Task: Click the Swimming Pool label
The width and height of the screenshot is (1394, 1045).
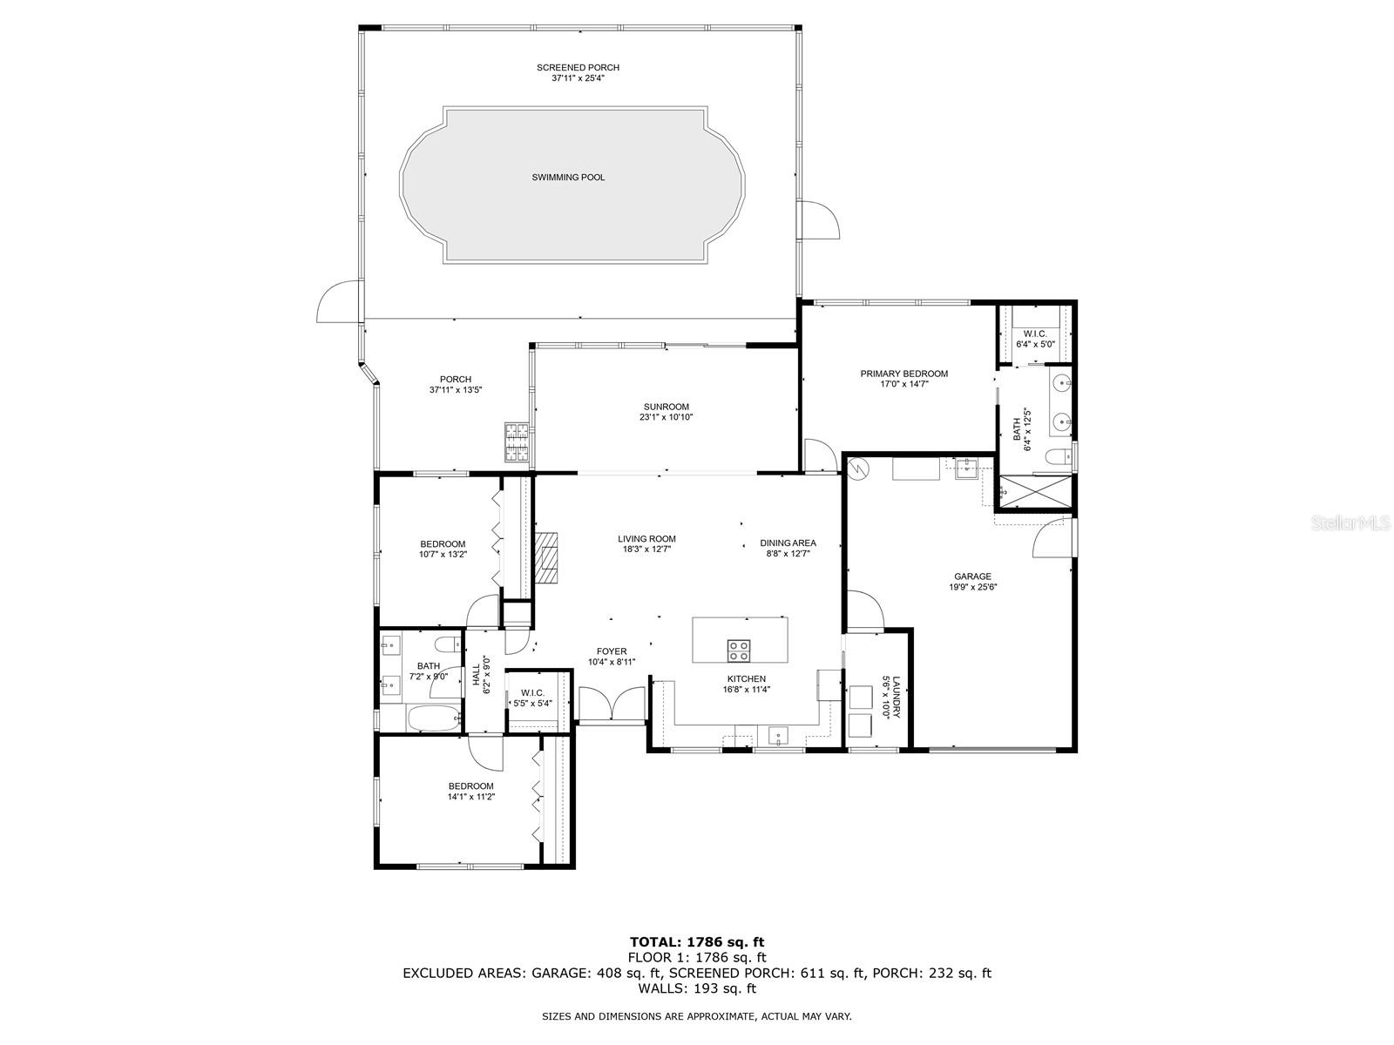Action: point(568,178)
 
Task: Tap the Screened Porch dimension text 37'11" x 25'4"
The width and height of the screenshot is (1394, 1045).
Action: point(578,78)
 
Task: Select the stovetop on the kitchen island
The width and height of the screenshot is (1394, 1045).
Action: point(739,650)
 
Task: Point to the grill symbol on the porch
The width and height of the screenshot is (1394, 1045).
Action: point(517,442)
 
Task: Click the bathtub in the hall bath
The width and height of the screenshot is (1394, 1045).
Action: point(433,718)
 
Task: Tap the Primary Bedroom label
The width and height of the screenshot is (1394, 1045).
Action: point(903,374)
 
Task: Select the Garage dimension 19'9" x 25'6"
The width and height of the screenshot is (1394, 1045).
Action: point(972,587)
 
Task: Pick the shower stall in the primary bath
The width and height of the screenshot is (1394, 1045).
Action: point(1035,492)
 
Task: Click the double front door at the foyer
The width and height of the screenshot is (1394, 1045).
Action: point(612,704)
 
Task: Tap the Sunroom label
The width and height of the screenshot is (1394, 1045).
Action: point(667,407)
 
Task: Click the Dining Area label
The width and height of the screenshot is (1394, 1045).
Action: point(788,543)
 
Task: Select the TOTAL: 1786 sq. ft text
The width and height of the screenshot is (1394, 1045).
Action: point(697,941)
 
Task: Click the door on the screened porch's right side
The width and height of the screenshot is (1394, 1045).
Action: point(819,219)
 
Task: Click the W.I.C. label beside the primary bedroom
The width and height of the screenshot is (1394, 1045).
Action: point(1035,334)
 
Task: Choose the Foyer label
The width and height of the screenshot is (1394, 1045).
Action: point(612,651)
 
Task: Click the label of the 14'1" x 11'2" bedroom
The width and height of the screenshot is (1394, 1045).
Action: point(470,786)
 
